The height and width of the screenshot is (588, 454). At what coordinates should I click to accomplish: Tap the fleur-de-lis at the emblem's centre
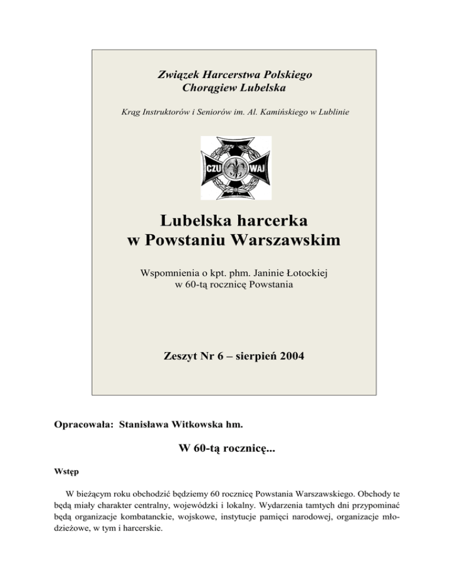pyautogui.click(x=236, y=167)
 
